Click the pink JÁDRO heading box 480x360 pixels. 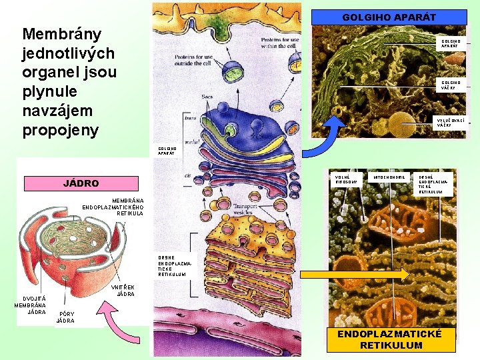pyautogui.click(x=81, y=183)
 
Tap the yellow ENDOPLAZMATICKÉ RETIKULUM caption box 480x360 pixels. pyautogui.click(x=391, y=339)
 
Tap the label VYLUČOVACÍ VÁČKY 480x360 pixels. pyautogui.click(x=451, y=122)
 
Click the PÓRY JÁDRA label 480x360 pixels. pyautogui.click(x=65, y=317)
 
